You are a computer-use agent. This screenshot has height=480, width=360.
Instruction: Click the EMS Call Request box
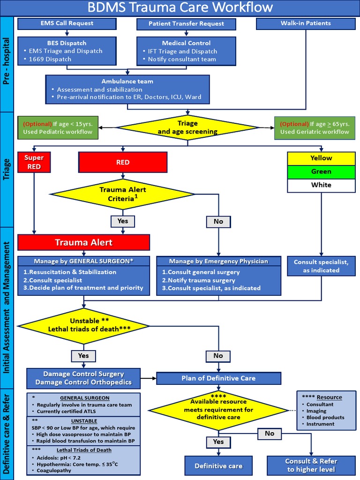point(67,23)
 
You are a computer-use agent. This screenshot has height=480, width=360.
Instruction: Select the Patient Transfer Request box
point(186,23)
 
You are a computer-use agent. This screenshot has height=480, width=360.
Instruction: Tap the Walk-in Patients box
point(306,23)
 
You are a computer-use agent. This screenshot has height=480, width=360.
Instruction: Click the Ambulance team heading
point(127,81)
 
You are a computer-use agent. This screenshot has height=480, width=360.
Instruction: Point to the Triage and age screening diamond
point(187,127)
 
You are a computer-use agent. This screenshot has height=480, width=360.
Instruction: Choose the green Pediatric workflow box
point(58,128)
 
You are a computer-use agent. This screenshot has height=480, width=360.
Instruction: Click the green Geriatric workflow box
point(315,128)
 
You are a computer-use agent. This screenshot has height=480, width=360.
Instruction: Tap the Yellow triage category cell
point(321,158)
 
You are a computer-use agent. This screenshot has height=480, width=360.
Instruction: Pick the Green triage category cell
point(321,172)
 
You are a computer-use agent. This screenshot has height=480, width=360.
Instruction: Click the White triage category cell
point(321,185)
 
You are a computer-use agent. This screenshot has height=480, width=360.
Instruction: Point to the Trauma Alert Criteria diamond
point(123,194)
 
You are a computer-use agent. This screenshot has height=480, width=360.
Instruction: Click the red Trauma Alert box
point(83,242)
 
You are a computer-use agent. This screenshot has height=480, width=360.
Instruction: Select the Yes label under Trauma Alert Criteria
point(123,221)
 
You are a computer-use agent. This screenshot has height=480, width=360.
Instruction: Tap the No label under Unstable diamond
point(218,356)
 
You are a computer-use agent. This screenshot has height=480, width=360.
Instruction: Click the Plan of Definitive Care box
point(218,378)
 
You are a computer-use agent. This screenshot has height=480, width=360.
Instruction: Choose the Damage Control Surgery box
point(83,378)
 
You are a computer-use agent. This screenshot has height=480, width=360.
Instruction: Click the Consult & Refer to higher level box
point(311,465)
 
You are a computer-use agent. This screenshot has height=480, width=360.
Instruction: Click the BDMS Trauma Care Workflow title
point(180,7)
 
